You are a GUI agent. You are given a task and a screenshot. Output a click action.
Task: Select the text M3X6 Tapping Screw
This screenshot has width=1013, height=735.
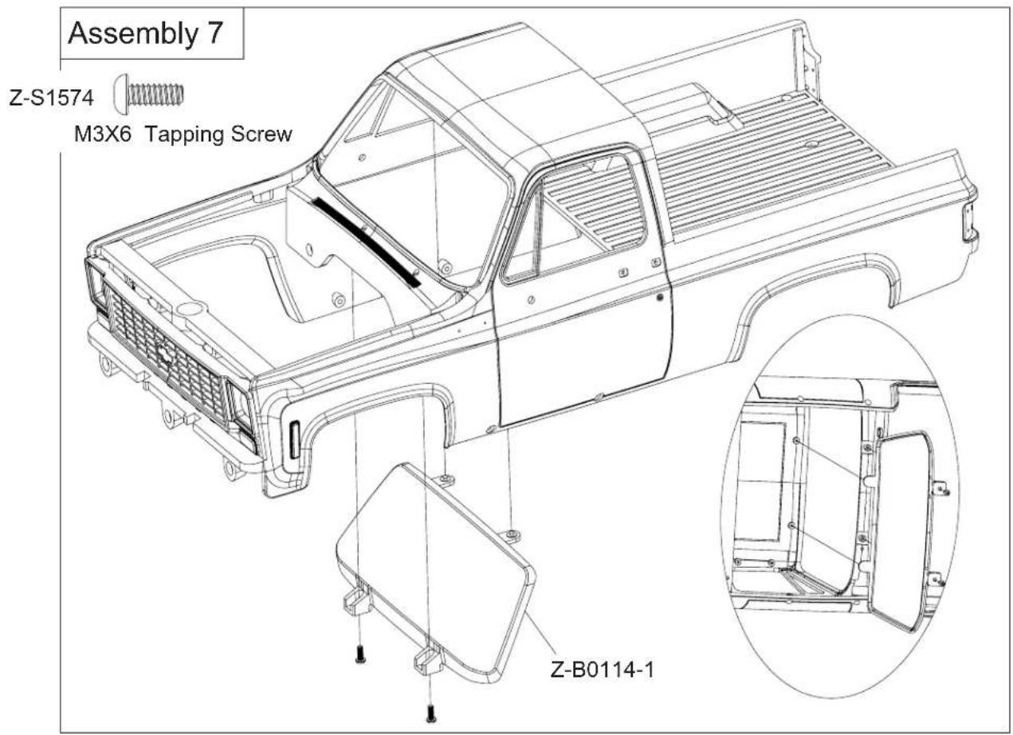182,133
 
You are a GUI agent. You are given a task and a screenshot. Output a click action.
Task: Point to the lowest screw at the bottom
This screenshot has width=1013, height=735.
430,714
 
